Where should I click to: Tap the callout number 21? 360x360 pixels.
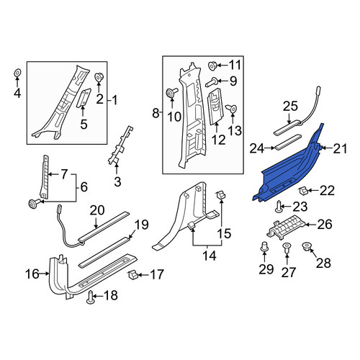coord(340,149)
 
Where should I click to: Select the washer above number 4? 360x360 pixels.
coord(17,73)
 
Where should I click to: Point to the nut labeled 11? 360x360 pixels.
coord(212,66)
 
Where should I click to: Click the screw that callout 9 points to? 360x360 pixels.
coord(212,82)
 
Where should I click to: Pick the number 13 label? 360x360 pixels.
coord(234,131)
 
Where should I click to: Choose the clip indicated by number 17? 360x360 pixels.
coord(132,274)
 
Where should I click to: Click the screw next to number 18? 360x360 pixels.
coord(90,297)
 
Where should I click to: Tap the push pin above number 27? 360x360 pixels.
coord(287,249)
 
